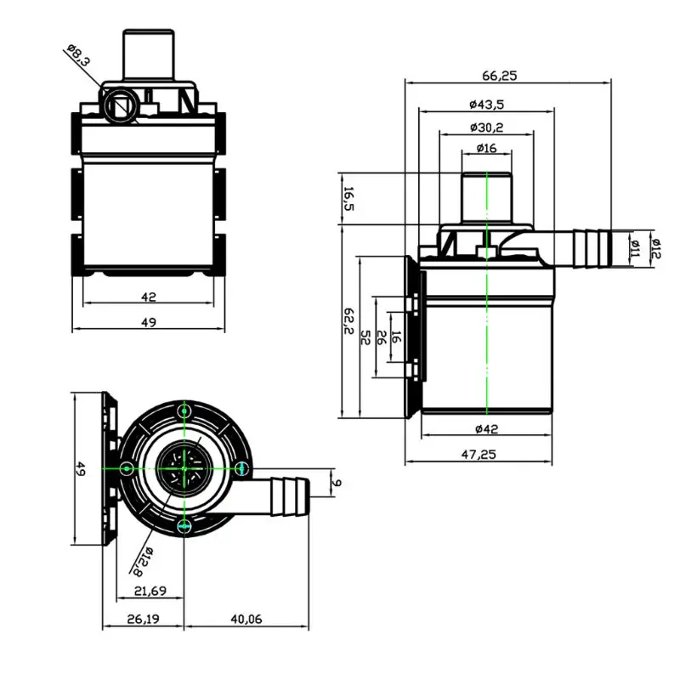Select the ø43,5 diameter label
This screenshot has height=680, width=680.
click(x=486, y=104)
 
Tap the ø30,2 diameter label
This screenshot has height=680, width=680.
click(x=486, y=127)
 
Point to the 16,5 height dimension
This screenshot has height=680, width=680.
click(x=348, y=201)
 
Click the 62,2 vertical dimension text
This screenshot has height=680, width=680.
click(x=348, y=321)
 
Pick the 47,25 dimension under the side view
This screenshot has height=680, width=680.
click(x=479, y=454)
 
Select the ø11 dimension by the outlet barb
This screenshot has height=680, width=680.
click(x=634, y=247)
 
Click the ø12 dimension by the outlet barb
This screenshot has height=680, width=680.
click(x=655, y=247)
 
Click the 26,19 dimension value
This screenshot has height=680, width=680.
click(x=143, y=620)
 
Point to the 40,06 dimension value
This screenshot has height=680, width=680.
click(x=246, y=620)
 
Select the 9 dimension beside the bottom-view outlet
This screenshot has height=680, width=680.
click(x=337, y=483)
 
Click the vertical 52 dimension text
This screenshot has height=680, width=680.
click(x=365, y=338)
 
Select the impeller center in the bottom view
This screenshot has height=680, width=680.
click(x=184, y=467)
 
